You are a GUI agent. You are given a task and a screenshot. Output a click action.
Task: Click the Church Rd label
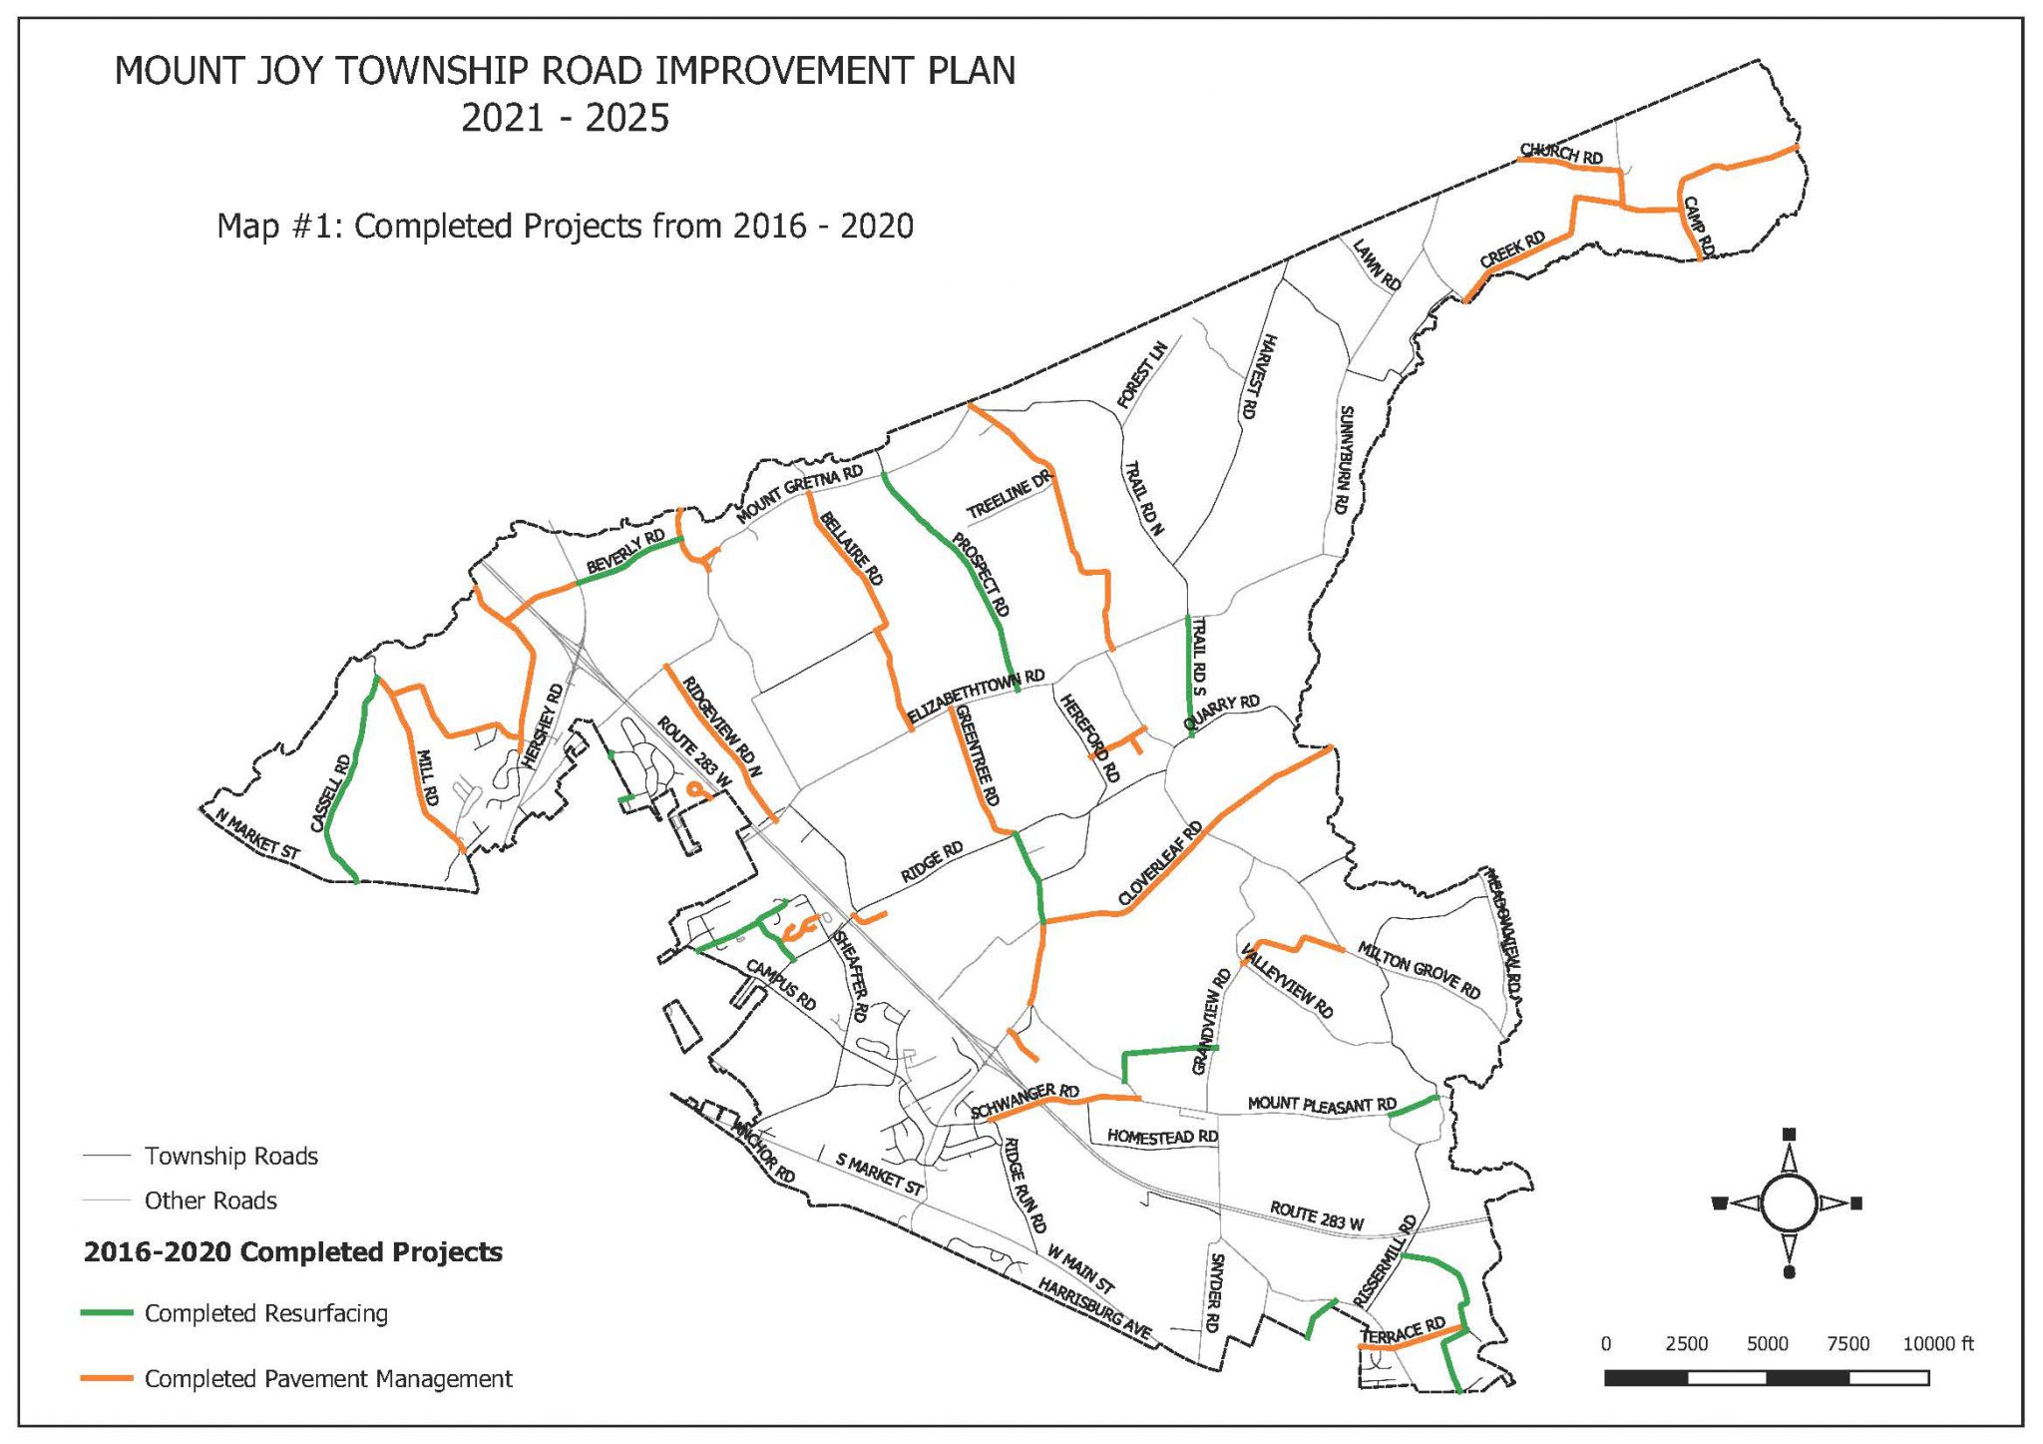point(1561,155)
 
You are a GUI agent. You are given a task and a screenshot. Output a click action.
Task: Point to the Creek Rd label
point(1512,249)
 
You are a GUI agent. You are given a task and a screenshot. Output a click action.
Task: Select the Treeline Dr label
point(1009,494)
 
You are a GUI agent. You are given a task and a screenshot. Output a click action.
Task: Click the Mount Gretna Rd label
point(799,494)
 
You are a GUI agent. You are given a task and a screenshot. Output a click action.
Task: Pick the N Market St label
point(257,835)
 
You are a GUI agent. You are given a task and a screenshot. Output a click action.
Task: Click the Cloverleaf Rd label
point(1160,864)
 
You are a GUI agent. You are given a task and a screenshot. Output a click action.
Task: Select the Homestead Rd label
point(1162,1137)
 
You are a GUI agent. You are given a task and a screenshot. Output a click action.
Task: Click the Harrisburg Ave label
point(1094,1308)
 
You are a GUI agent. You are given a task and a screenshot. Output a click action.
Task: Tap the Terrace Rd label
point(1404,1332)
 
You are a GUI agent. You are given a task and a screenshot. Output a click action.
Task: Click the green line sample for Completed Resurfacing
point(107,1313)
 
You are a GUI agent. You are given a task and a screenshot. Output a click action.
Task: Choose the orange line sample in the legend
point(107,1378)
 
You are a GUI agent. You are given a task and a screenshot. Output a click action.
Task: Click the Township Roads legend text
point(231,1156)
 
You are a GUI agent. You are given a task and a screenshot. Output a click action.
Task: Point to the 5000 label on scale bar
point(1767,1344)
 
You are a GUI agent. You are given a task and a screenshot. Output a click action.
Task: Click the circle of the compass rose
point(1789,1203)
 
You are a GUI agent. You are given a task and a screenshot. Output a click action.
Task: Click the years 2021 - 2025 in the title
point(565,119)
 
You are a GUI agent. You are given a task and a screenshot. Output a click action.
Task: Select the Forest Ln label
point(1141,375)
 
